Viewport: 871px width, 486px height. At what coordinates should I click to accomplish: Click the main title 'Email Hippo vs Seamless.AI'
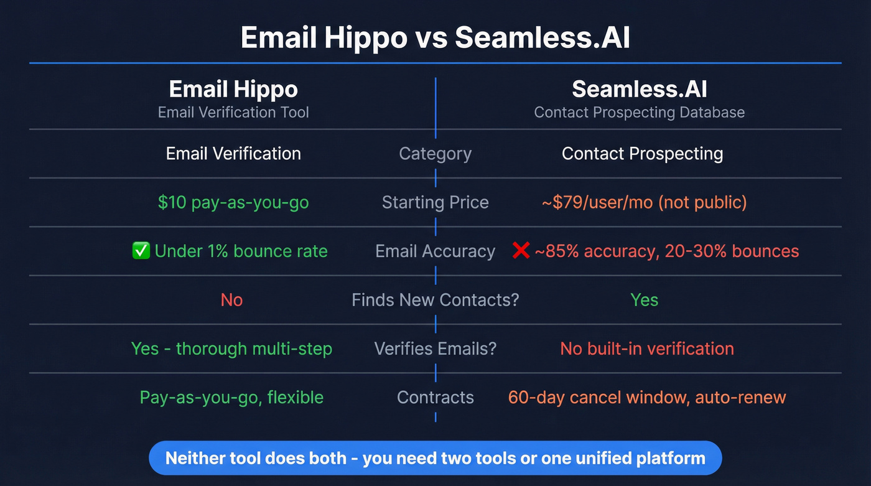tap(435, 37)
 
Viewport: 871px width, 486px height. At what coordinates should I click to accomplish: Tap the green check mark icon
tap(141, 251)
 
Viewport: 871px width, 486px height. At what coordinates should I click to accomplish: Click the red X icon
tap(520, 251)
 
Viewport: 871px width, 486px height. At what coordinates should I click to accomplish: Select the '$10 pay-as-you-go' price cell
tap(233, 202)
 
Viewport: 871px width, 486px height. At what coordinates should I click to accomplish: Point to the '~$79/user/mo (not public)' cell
tap(644, 202)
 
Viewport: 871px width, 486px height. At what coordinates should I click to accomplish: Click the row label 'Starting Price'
tap(435, 202)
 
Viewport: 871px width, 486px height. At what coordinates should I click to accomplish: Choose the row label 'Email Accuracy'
tap(435, 251)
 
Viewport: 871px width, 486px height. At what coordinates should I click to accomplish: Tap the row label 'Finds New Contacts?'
tap(435, 300)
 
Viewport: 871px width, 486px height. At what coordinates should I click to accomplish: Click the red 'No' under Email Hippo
tap(231, 300)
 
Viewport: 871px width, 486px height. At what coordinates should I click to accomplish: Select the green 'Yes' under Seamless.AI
tap(644, 300)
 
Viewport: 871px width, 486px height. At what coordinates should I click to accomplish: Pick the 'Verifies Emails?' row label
tap(435, 348)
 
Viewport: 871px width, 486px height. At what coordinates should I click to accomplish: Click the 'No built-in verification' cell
tap(647, 348)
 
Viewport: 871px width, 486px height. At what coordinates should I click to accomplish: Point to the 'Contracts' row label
tap(435, 397)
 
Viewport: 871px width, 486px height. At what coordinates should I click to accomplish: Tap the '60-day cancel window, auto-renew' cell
tap(647, 397)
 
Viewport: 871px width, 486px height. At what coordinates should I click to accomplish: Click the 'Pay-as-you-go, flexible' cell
tap(231, 397)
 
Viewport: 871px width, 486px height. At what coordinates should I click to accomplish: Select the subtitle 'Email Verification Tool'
tap(233, 113)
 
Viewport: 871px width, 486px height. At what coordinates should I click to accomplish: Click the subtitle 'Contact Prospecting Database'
tap(640, 113)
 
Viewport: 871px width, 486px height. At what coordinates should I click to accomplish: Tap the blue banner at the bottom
tap(435, 459)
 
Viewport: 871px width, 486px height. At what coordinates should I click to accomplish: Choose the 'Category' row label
tap(435, 154)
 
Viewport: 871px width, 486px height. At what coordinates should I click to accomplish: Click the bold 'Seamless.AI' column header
tap(640, 90)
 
